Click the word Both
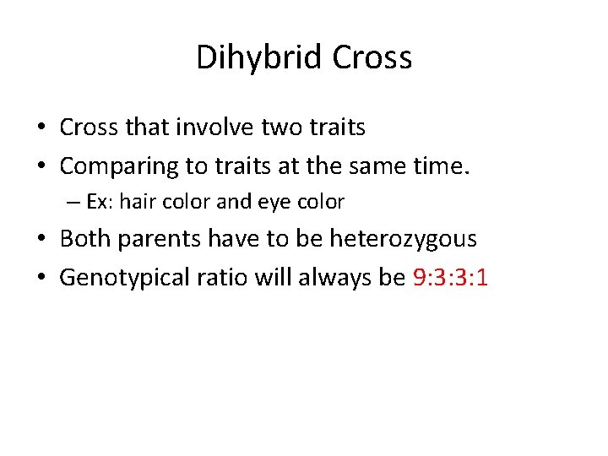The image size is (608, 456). click(85, 239)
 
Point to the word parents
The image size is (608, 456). click(157, 240)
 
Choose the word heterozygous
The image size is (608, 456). click(403, 240)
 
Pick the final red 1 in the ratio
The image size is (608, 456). click(482, 278)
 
